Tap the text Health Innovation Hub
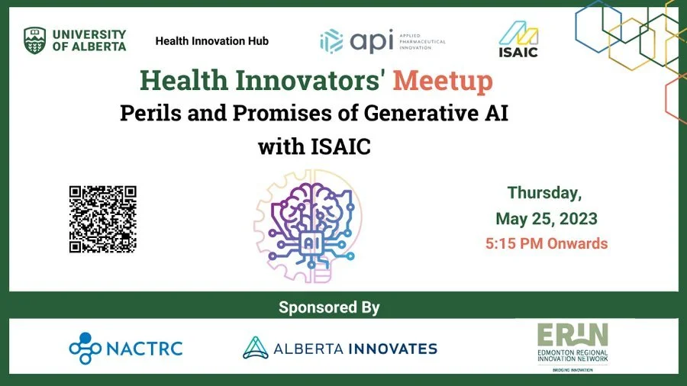(211, 40)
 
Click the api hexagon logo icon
(331, 40)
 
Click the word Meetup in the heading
(443, 80)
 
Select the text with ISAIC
(314, 146)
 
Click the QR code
(102, 219)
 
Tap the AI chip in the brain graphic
(313, 243)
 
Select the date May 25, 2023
(546, 219)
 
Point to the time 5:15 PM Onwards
(546, 244)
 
